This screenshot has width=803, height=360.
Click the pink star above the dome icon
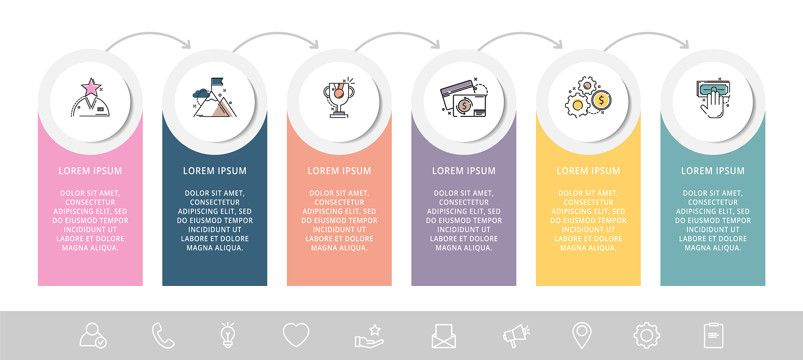91,87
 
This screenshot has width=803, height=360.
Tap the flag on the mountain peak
217,82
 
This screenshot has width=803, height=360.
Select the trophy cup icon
339,98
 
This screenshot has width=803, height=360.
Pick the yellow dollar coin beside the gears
601,100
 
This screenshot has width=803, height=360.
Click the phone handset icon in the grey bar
163,335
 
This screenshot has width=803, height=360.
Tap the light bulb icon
228,335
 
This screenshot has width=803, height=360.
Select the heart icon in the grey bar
296,335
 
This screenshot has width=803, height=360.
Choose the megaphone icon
516,336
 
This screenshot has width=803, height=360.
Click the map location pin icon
582,335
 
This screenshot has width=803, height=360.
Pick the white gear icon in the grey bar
647,335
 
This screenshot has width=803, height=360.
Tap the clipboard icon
714,336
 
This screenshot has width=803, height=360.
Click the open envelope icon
444,336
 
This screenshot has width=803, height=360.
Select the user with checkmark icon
93,335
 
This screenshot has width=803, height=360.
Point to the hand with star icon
369,336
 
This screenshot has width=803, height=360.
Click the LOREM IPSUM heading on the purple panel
464,171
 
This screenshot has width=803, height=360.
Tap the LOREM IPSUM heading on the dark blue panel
215,171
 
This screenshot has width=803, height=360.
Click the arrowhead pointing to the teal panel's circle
685,45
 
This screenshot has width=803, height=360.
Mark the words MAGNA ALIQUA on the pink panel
90,248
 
